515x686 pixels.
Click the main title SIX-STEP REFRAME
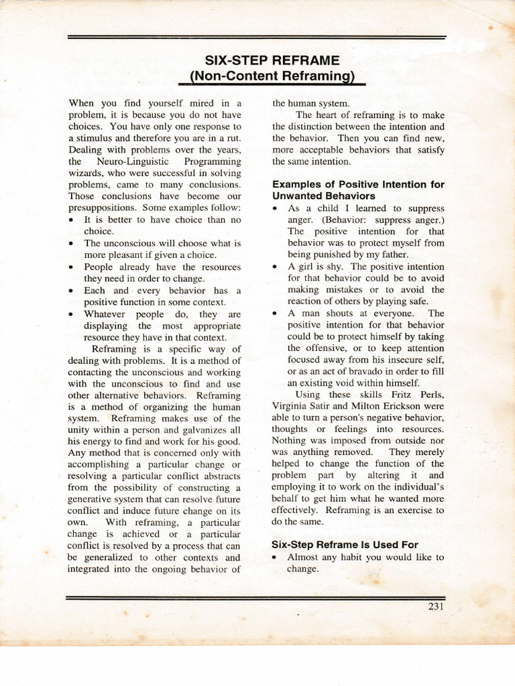click(272, 59)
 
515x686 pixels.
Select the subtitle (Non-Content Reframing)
click(272, 76)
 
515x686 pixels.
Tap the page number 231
click(435, 607)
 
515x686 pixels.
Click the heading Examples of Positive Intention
click(358, 184)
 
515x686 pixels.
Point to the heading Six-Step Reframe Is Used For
click(345, 545)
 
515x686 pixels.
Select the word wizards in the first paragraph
click(87, 173)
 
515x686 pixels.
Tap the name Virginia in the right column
click(292, 405)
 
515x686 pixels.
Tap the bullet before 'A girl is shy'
click(276, 267)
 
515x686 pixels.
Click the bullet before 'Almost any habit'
click(276, 557)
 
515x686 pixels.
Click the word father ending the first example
click(390, 255)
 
